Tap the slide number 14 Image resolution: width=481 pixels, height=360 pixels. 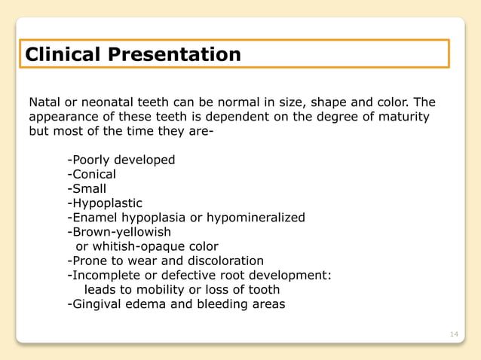tap(453, 334)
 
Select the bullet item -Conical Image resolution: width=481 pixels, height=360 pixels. tap(91, 175)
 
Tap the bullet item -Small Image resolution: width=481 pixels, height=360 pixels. tap(87, 189)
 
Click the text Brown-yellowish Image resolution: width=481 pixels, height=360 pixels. tap(121, 232)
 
